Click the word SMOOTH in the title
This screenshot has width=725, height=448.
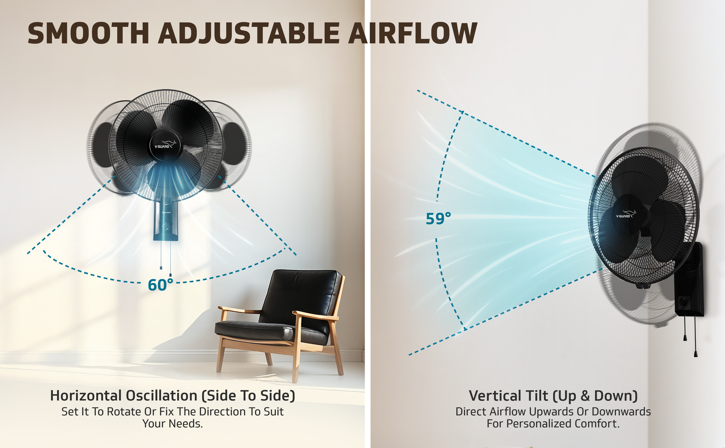(88, 33)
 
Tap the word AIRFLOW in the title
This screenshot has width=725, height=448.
(413, 33)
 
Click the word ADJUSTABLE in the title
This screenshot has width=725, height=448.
(249, 33)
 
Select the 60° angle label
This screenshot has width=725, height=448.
(161, 285)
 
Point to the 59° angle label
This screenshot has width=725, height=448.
(439, 218)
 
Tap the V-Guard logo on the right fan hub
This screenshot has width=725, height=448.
(626, 214)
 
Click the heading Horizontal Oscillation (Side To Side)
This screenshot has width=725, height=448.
(173, 396)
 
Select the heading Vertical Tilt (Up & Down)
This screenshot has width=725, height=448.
(553, 396)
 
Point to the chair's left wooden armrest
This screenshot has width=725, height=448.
(239, 310)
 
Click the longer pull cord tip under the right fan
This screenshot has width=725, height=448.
(695, 354)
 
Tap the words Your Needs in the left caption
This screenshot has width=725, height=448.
(172, 423)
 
